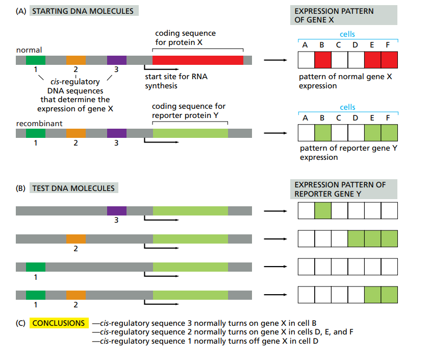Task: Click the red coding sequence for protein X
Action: tap(198, 60)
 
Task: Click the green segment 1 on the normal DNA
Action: tap(36, 60)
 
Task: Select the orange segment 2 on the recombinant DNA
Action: tap(75, 133)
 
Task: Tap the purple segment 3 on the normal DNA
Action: tap(117, 60)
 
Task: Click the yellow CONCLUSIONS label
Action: tap(59, 323)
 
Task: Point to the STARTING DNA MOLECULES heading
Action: tap(84, 11)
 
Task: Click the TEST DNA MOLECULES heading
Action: tap(73, 188)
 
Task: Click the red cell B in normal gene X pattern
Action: tap(323, 61)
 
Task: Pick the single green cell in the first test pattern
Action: tap(323, 210)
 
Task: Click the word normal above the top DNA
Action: tap(29, 50)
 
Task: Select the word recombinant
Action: tap(39, 124)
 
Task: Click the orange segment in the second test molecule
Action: tap(75, 239)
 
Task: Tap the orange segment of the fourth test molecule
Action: tap(75, 295)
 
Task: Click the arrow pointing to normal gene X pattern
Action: tap(274, 61)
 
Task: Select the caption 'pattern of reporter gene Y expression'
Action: tap(347, 153)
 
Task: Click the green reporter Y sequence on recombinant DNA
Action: tap(190, 133)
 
